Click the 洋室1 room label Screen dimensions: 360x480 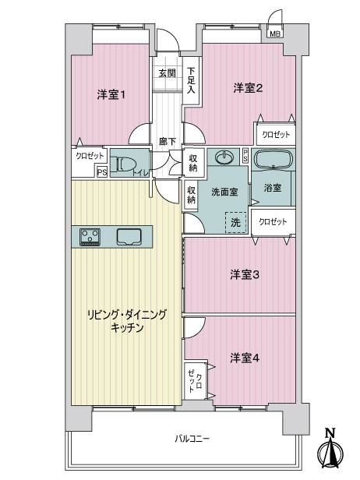pyautogui.click(x=111, y=94)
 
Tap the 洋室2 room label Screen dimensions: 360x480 pyautogui.click(x=248, y=88)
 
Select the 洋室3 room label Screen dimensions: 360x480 pyautogui.click(x=245, y=274)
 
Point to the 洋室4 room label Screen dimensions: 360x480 pyautogui.click(x=245, y=358)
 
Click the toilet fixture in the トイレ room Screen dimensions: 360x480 pyautogui.click(x=121, y=163)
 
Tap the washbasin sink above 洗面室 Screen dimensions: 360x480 pyautogui.click(x=224, y=157)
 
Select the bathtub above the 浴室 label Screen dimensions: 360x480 pyautogui.click(x=273, y=159)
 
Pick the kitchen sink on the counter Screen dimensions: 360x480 pyautogui.click(x=129, y=237)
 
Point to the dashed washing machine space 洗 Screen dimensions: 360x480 pyautogui.click(x=235, y=223)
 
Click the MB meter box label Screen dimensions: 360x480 pyautogui.click(x=275, y=34)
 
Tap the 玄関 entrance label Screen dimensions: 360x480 pyautogui.click(x=167, y=73)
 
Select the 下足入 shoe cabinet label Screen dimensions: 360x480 pyautogui.click(x=191, y=80)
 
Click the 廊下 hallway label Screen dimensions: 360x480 pyautogui.click(x=167, y=142)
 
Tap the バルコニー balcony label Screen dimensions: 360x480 pyautogui.click(x=192, y=439)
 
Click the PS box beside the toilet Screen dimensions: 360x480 pyautogui.click(x=102, y=172)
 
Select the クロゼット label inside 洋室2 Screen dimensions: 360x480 pyautogui.click(x=276, y=135)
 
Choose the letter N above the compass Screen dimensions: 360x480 pyautogui.click(x=330, y=433)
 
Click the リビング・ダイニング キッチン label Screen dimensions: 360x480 pyautogui.click(x=127, y=321)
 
